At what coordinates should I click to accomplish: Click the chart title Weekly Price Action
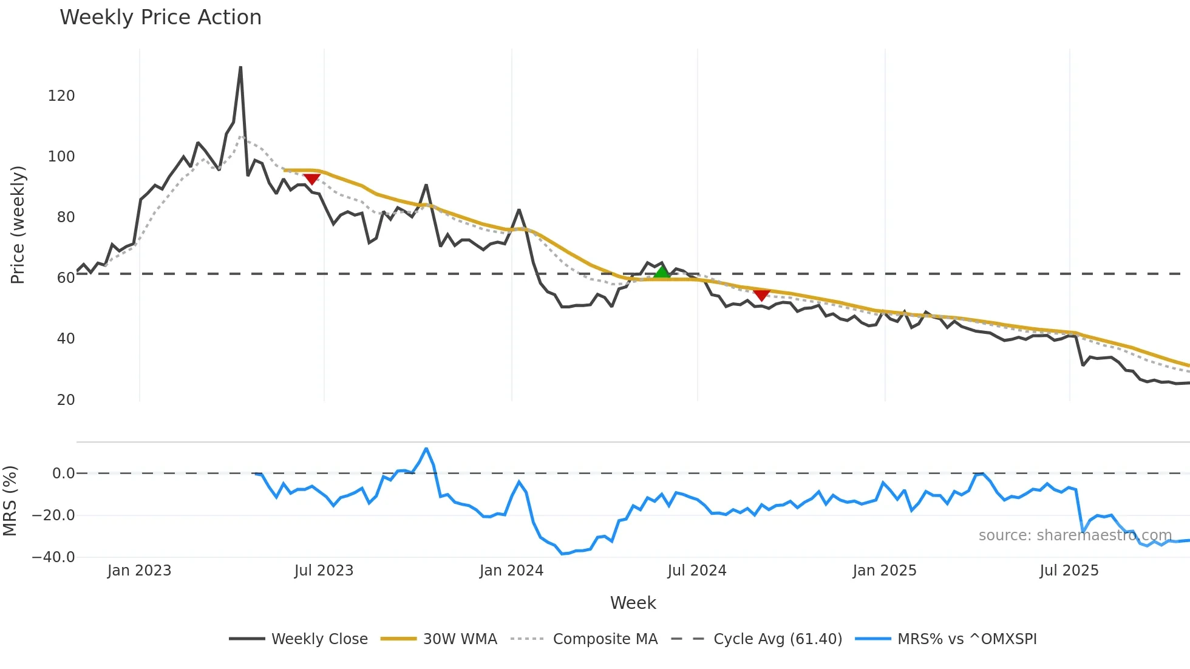coord(160,18)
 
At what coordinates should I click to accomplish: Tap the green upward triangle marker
coord(662,271)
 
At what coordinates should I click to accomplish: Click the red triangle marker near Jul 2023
coord(311,178)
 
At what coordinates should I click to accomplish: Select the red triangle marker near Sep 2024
coord(761,295)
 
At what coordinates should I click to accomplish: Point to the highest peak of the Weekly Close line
coord(240,67)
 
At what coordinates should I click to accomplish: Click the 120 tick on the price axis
coord(61,96)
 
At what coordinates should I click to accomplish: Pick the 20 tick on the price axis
coord(66,400)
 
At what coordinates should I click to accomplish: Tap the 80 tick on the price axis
coord(66,217)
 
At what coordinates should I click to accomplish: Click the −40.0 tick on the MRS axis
coord(53,557)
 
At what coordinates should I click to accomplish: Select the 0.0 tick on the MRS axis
coord(63,474)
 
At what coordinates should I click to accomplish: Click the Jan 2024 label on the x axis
coord(511,571)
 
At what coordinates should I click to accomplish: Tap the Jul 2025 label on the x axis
coord(1069,571)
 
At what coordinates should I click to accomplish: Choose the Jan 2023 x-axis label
coord(139,571)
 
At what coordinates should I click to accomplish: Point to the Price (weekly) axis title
coord(18,225)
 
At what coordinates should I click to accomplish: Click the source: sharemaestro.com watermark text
coord(1075,535)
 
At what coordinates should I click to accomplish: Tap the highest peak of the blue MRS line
coord(426,449)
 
